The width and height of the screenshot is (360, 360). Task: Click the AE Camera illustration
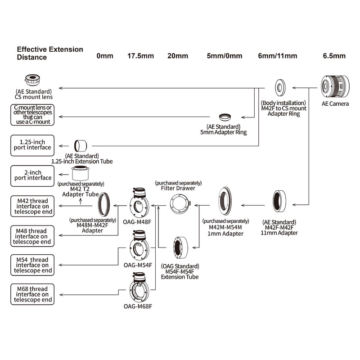335,86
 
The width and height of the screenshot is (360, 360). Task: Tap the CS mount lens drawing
32,80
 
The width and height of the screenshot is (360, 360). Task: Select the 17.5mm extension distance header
140,56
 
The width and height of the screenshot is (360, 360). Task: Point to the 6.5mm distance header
334,56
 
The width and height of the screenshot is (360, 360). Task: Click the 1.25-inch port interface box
32,145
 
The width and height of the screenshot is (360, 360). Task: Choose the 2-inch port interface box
32,175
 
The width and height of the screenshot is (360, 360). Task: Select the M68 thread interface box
32,294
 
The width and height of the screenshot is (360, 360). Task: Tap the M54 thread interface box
32,265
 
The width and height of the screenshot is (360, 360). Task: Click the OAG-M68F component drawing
139,288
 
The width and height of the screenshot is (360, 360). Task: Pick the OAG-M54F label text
138,265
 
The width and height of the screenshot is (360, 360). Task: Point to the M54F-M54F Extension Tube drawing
180,248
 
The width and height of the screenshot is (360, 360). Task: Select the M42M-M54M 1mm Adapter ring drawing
225,201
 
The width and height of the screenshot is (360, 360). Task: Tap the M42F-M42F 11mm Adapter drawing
279,201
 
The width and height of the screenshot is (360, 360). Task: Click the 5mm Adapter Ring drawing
225,117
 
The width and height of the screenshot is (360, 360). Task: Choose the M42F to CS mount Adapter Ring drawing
280,88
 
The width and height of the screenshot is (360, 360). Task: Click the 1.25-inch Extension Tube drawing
81,146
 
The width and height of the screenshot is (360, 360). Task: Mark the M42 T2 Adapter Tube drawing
80,173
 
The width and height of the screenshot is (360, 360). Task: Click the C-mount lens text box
32,115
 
